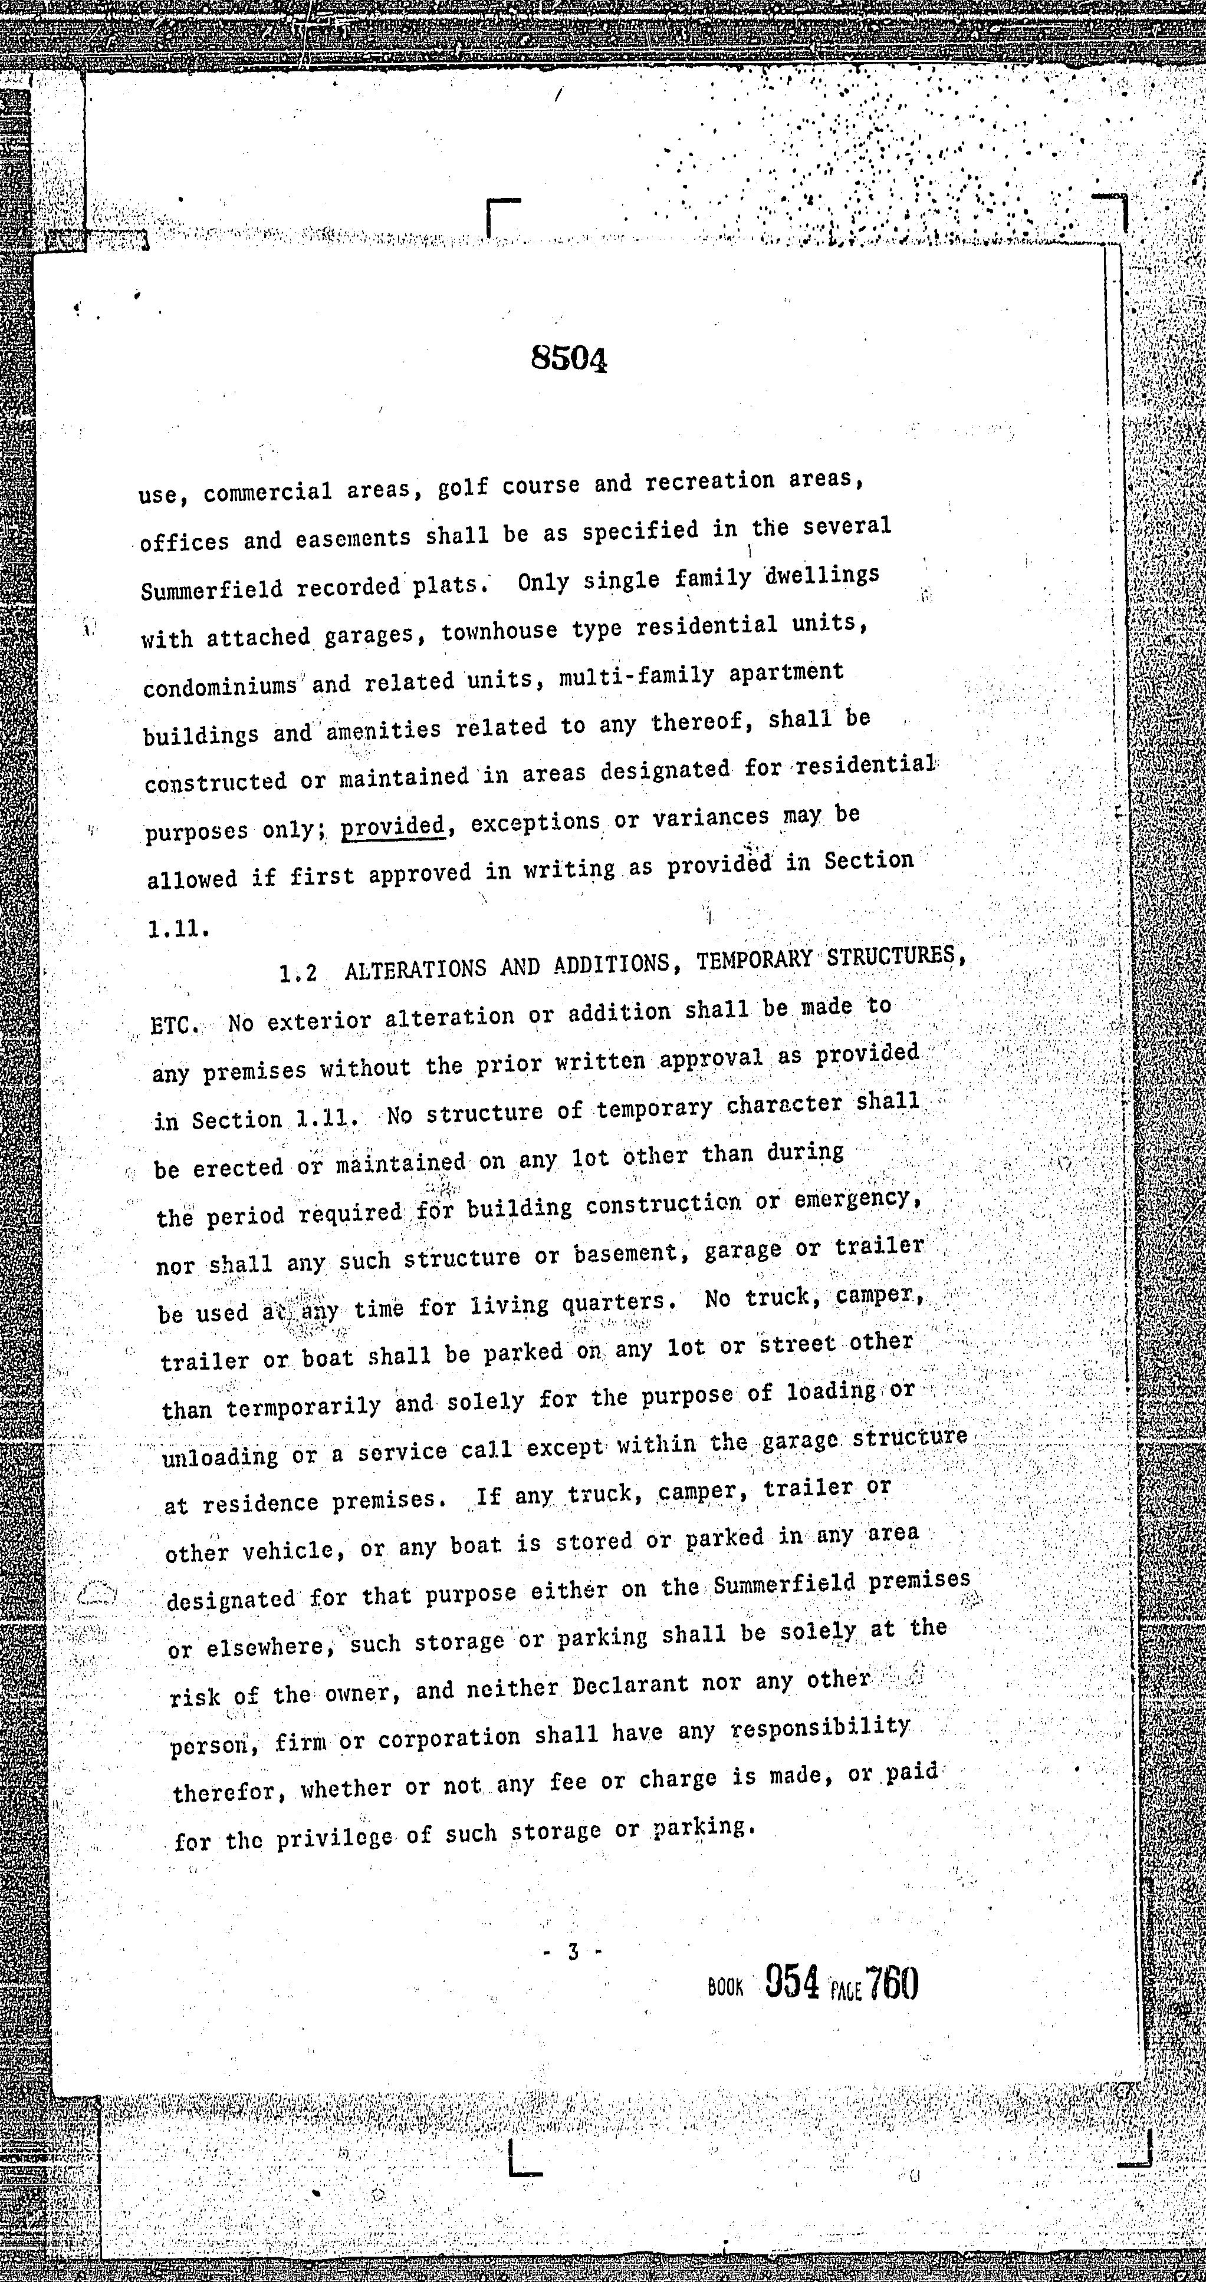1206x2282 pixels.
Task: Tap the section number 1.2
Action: click(x=298, y=974)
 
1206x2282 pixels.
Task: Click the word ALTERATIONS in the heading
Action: click(x=414, y=968)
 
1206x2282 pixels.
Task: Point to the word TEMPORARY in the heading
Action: click(x=753, y=960)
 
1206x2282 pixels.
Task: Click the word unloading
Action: click(x=220, y=1455)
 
